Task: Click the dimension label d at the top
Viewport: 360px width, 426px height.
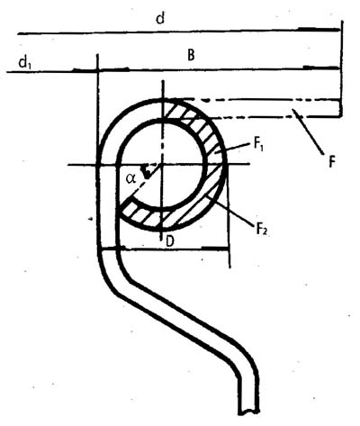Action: [161, 19]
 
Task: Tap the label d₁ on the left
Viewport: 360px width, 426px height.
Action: [25, 63]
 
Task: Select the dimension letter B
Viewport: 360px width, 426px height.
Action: [191, 55]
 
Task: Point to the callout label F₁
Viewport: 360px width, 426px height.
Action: [258, 145]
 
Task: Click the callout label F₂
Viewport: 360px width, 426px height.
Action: [261, 229]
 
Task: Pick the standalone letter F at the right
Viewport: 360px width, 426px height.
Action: [331, 162]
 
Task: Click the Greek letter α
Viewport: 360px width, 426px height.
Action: [130, 179]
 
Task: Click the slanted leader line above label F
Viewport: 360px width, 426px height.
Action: [308, 132]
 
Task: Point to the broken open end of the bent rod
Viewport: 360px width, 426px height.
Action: [248, 412]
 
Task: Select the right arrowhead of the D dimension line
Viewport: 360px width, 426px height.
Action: [215, 248]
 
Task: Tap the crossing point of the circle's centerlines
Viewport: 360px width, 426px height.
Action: [162, 164]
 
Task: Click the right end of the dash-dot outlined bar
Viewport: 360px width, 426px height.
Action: [340, 108]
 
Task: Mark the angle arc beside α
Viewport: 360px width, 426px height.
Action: [147, 172]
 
